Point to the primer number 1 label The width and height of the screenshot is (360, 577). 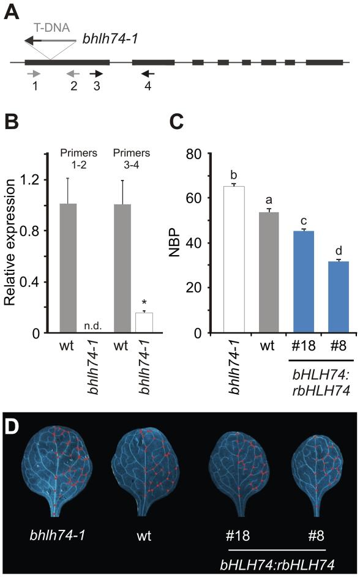tap(36, 86)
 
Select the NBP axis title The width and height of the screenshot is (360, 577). tap(176, 243)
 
